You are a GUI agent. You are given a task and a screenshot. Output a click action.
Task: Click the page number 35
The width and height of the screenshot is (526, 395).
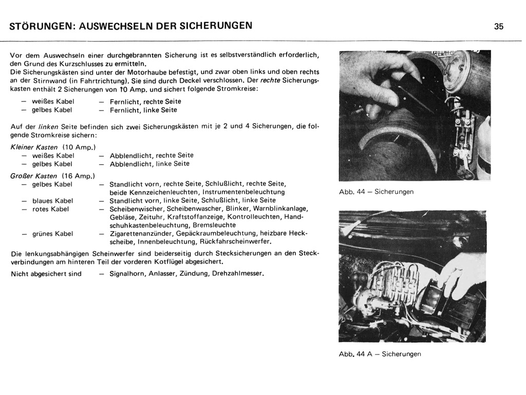tap(499, 27)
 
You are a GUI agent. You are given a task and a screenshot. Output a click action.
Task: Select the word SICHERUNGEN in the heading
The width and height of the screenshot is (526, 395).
tap(218, 25)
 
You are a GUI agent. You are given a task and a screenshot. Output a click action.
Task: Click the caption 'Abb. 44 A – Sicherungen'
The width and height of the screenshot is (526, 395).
tap(380, 354)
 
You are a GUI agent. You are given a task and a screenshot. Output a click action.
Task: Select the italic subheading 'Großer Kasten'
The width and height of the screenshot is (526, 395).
tap(33, 176)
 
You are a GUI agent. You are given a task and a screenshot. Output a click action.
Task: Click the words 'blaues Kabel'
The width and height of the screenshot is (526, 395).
tap(52, 201)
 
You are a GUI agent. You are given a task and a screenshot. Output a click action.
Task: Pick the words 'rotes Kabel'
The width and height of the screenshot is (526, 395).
tap(50, 209)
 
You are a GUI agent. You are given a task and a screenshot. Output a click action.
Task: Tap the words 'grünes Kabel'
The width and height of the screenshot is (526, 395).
tap(52, 234)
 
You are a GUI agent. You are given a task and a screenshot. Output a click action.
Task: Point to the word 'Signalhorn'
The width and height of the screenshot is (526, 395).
tap(127, 274)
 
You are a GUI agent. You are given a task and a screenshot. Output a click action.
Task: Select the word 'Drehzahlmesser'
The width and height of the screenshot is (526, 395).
tap(237, 273)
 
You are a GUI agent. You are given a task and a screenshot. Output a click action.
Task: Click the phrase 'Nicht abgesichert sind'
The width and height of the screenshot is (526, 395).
tap(46, 274)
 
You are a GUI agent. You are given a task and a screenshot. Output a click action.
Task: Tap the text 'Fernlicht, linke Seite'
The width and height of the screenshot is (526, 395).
tap(143, 110)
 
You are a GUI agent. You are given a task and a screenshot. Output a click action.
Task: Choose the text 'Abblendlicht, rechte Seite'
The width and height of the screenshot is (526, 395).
tap(152, 156)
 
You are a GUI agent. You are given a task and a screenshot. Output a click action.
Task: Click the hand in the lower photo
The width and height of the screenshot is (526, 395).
tap(462, 272)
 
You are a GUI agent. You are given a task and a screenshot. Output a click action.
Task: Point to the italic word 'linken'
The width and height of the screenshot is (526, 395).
tap(48, 127)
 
